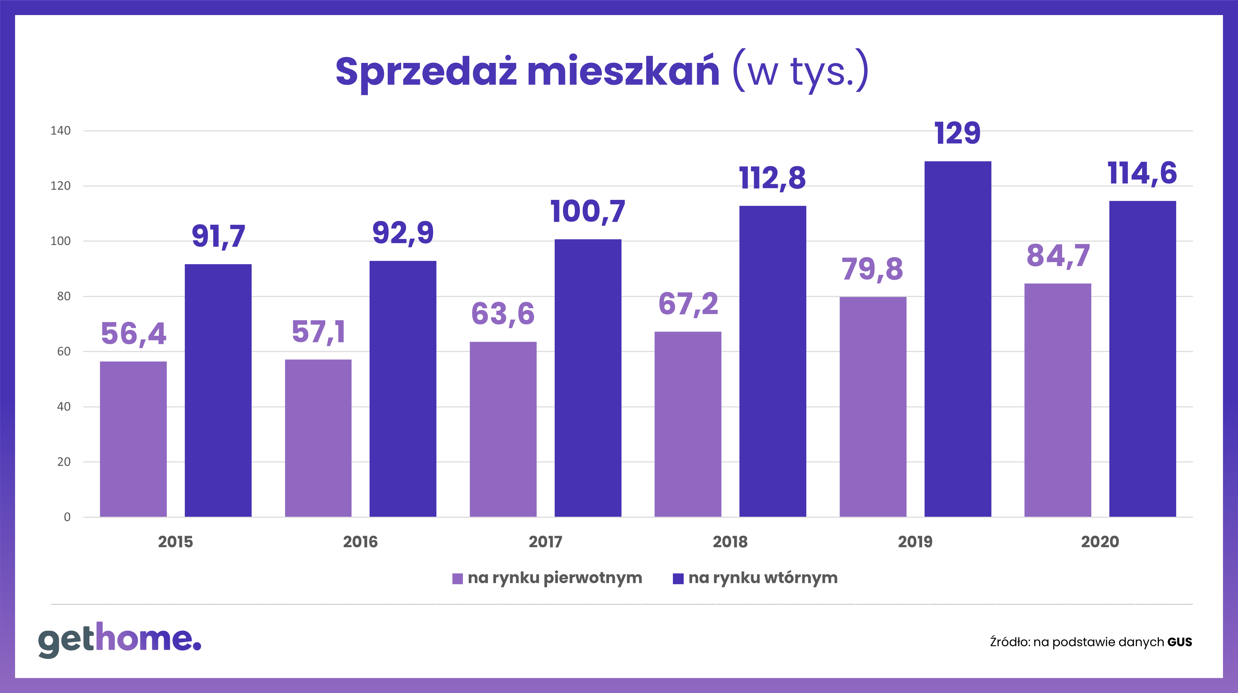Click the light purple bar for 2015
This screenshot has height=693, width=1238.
pyautogui.click(x=133, y=439)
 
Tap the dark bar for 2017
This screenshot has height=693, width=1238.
pyautogui.click(x=588, y=378)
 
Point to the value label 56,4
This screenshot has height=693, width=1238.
pyautogui.click(x=134, y=334)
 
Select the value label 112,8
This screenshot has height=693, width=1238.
pyautogui.click(x=772, y=178)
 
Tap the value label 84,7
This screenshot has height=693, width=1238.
pyautogui.click(x=1058, y=256)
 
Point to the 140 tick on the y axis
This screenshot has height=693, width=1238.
pyautogui.click(x=61, y=131)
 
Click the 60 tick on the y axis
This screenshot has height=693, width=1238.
pyautogui.click(x=64, y=351)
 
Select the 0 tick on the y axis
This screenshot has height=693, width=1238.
pyautogui.click(x=67, y=517)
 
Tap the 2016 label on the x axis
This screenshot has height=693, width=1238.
pyautogui.click(x=360, y=542)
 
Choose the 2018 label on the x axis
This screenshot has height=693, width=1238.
pyautogui.click(x=730, y=542)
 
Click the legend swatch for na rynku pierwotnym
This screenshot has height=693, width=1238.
pyautogui.click(x=458, y=579)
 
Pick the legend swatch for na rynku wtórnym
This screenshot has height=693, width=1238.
pyautogui.click(x=678, y=579)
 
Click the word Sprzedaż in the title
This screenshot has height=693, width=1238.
pyautogui.click(x=426, y=72)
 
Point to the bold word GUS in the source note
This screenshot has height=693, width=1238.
pyautogui.click(x=1180, y=642)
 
